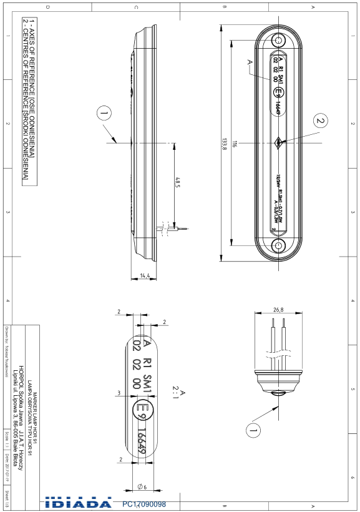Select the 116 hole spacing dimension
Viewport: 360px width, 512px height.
(233, 143)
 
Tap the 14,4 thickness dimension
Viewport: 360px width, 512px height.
(145, 275)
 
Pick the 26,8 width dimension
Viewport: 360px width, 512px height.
(278, 309)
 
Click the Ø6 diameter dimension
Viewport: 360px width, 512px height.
(141, 486)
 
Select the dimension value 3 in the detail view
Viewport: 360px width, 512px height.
(119, 393)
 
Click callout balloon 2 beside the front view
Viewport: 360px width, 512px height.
(320, 121)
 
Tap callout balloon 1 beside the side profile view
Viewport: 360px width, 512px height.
(104, 113)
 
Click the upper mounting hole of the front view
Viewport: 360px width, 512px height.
(278, 40)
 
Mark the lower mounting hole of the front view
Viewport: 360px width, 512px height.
(278, 245)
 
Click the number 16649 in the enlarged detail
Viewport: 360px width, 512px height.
(143, 439)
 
